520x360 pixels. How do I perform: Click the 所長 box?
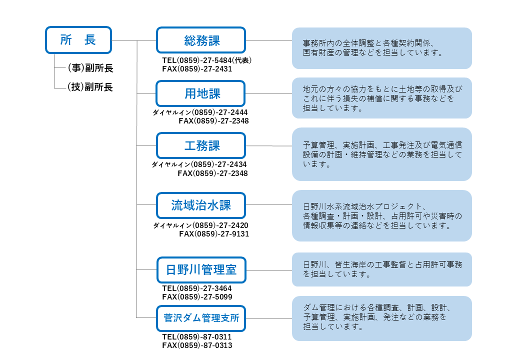[x=78, y=40]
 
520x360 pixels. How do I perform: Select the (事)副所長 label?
[x=90, y=68]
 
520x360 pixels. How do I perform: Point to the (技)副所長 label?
[x=90, y=87]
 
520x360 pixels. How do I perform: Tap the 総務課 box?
[x=201, y=40]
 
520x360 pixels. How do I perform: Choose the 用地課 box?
[x=200, y=93]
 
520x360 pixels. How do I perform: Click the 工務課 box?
[x=201, y=145]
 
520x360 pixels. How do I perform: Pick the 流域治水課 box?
[x=201, y=205]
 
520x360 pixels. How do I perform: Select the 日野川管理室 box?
[x=201, y=270]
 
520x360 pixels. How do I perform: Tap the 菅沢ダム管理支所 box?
[x=201, y=318]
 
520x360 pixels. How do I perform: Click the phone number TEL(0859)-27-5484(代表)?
[x=207, y=60]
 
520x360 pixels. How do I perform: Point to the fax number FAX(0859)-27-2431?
[x=197, y=69]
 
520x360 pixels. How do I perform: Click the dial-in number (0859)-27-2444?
[x=219, y=112]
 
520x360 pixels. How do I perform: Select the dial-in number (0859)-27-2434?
[x=219, y=164]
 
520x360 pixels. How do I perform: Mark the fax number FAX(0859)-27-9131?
[x=214, y=234]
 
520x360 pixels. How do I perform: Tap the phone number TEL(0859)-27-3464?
[x=197, y=288]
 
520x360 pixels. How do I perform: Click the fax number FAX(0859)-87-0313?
[x=197, y=345]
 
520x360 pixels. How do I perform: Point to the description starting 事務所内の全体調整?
[x=373, y=47]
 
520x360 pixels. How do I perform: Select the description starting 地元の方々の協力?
[x=382, y=98]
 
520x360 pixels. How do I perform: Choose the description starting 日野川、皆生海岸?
[x=382, y=269]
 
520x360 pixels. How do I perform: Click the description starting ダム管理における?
[x=377, y=317]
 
